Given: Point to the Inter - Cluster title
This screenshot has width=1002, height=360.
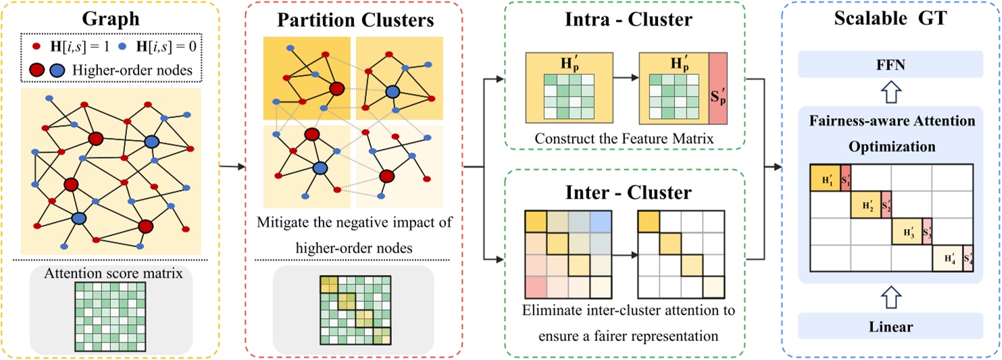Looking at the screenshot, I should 628,192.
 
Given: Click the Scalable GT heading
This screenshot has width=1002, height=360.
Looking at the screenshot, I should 891,19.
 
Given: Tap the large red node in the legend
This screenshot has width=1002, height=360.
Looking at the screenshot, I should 39,70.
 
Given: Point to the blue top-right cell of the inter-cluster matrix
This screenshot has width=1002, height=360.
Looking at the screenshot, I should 601,220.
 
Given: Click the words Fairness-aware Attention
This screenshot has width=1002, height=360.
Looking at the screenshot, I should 891,122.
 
